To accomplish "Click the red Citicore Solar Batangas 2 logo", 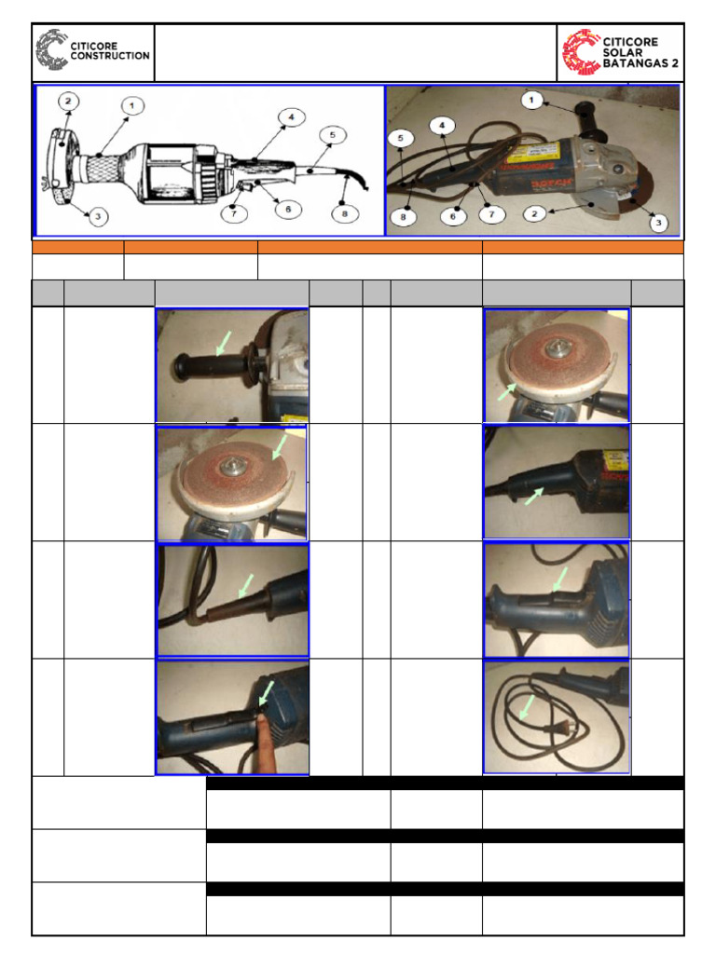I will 621,52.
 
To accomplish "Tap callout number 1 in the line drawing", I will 131,106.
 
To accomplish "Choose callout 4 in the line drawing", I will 291,117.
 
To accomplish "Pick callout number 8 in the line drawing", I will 344,213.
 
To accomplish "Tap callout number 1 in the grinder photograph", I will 531,99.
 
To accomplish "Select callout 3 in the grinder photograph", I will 659,224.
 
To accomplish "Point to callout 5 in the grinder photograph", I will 401,137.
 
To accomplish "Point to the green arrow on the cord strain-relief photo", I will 246,586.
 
